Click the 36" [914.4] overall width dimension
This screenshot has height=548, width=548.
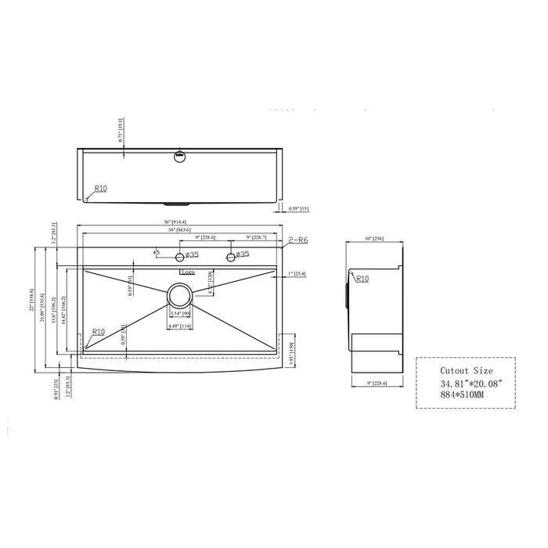click(x=180, y=224)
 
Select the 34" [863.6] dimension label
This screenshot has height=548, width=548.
click(x=179, y=230)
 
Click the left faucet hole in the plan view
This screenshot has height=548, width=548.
click(x=181, y=258)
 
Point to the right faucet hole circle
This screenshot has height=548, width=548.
click(x=230, y=257)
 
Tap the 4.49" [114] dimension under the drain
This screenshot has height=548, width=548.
click(x=180, y=326)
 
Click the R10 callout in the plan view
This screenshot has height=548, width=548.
click(x=98, y=332)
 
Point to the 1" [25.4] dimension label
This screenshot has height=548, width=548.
click(x=297, y=274)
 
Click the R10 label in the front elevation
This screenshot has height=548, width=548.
click(x=100, y=189)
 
